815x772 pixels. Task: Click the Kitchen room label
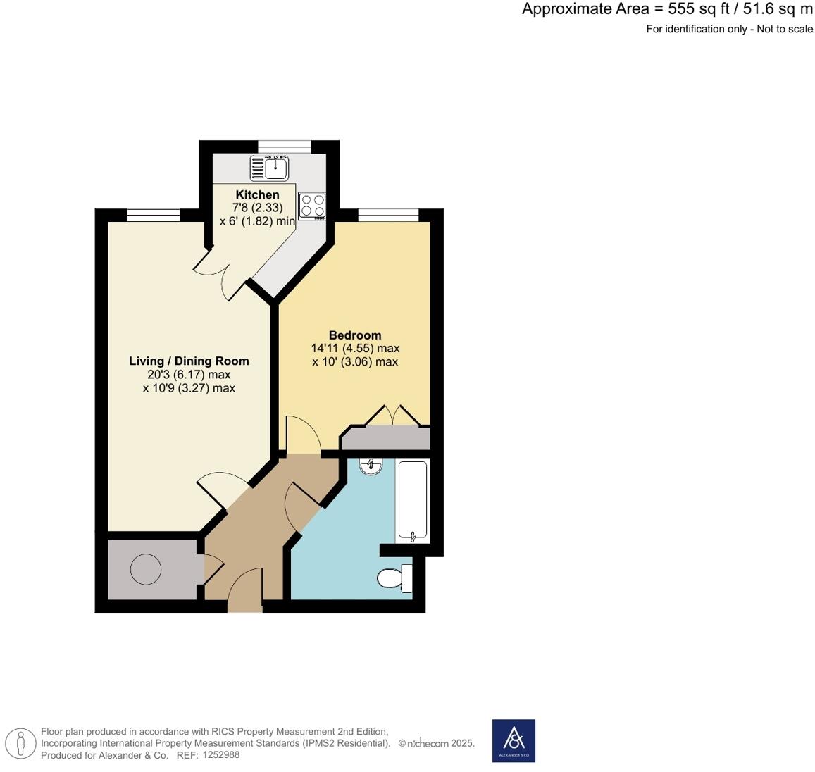(x=257, y=194)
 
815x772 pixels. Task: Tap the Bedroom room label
(x=355, y=335)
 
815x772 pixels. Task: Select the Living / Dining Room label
(x=189, y=361)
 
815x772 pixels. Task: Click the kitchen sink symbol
(x=269, y=167)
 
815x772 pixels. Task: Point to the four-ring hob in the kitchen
(x=312, y=204)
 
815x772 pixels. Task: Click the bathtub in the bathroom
(x=413, y=500)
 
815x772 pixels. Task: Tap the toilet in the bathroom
(x=394, y=578)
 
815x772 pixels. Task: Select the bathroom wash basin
(x=371, y=466)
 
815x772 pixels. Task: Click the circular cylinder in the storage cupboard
(x=146, y=569)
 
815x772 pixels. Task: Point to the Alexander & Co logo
(x=514, y=740)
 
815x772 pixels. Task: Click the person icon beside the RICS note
(x=21, y=743)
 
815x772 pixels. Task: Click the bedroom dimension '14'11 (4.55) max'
(x=356, y=348)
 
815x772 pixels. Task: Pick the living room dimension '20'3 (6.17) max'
(x=189, y=374)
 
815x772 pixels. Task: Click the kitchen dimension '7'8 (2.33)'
(x=257, y=207)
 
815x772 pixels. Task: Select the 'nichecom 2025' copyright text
(x=437, y=743)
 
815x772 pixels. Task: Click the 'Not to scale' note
(x=785, y=29)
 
